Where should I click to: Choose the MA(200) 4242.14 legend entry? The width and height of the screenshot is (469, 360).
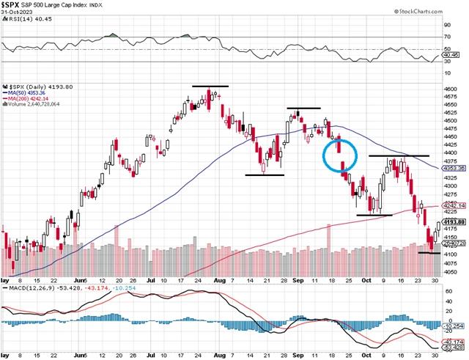click(32, 99)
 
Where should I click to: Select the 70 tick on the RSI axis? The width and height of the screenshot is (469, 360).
click(447, 36)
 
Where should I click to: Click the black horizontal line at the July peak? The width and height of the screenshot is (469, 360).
click(210, 87)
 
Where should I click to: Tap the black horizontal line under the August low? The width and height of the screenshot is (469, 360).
click(265, 175)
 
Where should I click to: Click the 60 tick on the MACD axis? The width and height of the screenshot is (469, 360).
click(447, 279)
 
